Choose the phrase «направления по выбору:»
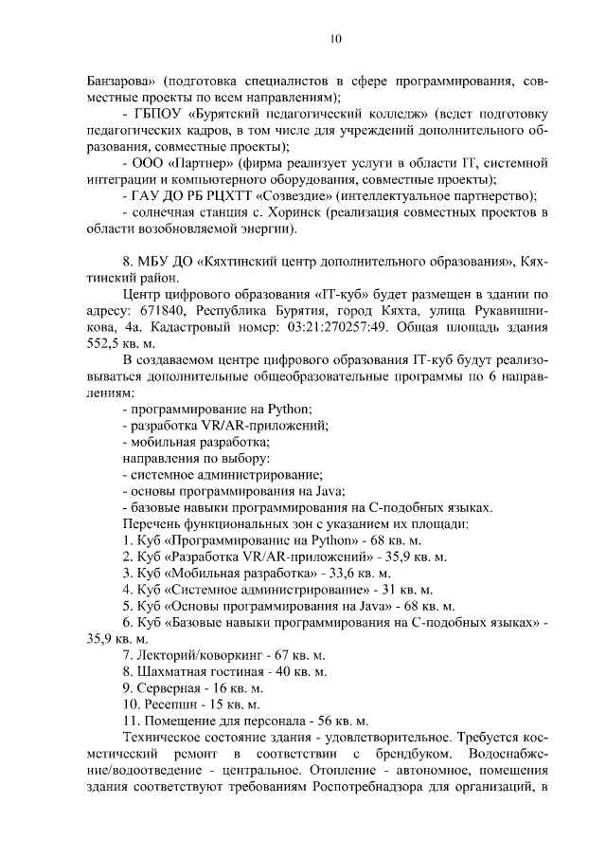(188, 458)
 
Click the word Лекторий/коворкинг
(193, 655)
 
